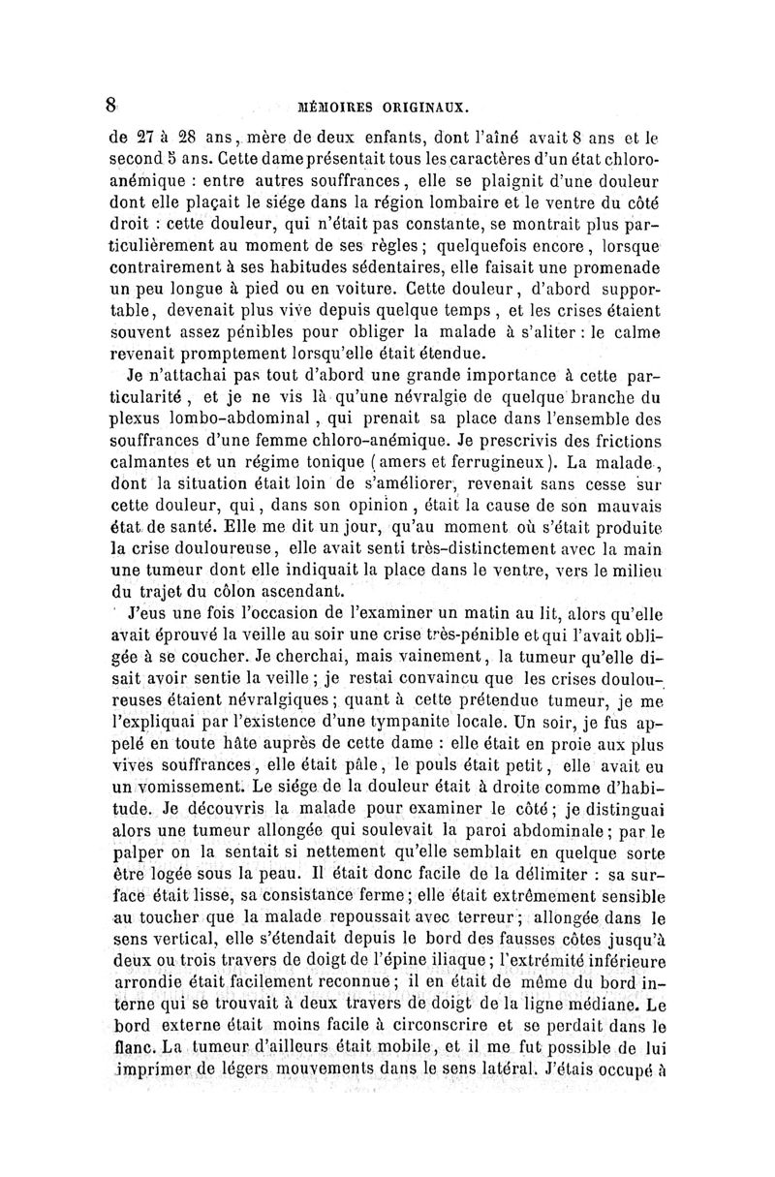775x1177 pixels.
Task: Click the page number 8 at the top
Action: tap(112, 105)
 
